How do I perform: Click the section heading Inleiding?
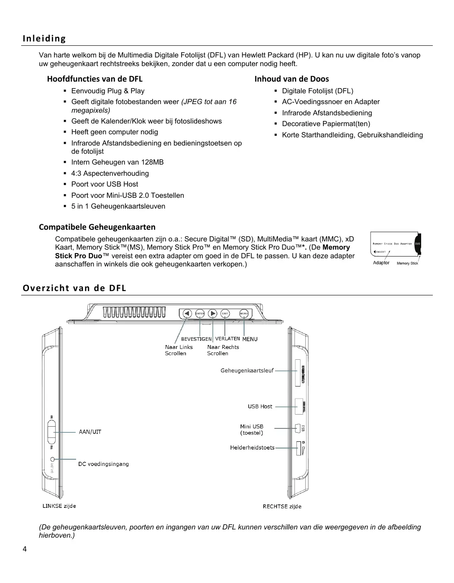pyautogui.click(x=44, y=38)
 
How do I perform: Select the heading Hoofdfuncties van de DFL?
pyautogui.click(x=95, y=79)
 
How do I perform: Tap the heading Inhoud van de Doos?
pyautogui.click(x=291, y=79)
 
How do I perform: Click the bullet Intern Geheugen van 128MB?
pyautogui.click(x=117, y=162)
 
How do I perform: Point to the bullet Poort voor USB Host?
pyautogui.click(x=105, y=184)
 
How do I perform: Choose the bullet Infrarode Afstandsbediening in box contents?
pyautogui.click(x=327, y=113)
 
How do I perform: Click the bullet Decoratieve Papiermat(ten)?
pyautogui.click(x=326, y=124)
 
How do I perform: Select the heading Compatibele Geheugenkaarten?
pyautogui.click(x=97, y=227)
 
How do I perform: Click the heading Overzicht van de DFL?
pyautogui.click(x=74, y=288)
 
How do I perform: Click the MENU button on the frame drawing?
pyautogui.click(x=244, y=314)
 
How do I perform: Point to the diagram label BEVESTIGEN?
pyautogui.click(x=196, y=339)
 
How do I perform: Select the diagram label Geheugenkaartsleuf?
pyautogui.click(x=247, y=371)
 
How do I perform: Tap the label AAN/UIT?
pyautogui.click(x=90, y=432)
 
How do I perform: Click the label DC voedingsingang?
pyautogui.click(x=103, y=464)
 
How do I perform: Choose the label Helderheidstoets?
pyautogui.click(x=252, y=448)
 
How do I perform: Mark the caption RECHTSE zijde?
pyautogui.click(x=282, y=507)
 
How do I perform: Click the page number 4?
pyautogui.click(x=24, y=549)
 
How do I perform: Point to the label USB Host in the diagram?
pyautogui.click(x=260, y=406)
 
